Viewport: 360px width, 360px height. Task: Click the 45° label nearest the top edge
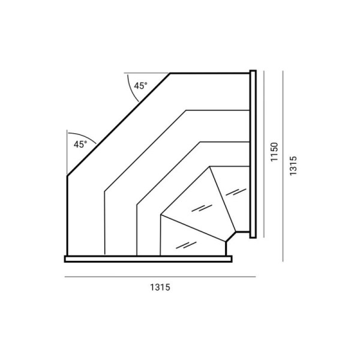[x=140, y=86]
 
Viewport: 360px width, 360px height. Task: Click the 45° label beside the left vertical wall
[x=80, y=145]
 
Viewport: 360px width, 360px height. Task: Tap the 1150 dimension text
[x=274, y=152]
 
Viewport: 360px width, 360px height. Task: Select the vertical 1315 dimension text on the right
[x=293, y=166]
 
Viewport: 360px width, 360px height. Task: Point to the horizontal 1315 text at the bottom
[x=160, y=287]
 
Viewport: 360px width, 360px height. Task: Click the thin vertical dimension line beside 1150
[x=264, y=154]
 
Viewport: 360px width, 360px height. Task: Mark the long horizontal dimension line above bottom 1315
[x=160, y=277]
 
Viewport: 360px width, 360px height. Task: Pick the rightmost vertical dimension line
[x=283, y=166]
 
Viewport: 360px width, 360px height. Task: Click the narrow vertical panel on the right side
[x=253, y=154]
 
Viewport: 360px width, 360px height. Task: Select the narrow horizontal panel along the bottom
[x=148, y=259]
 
